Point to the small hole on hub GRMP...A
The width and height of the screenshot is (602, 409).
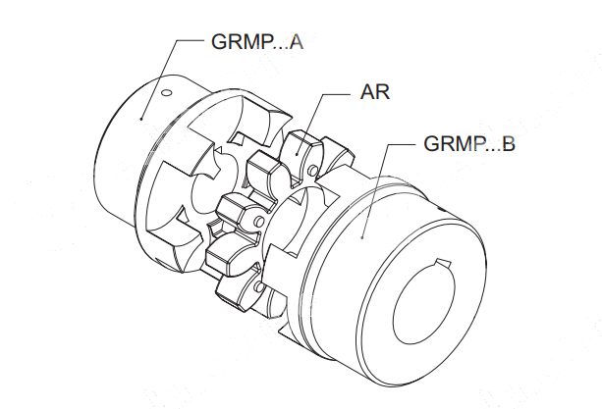click(x=166, y=94)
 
